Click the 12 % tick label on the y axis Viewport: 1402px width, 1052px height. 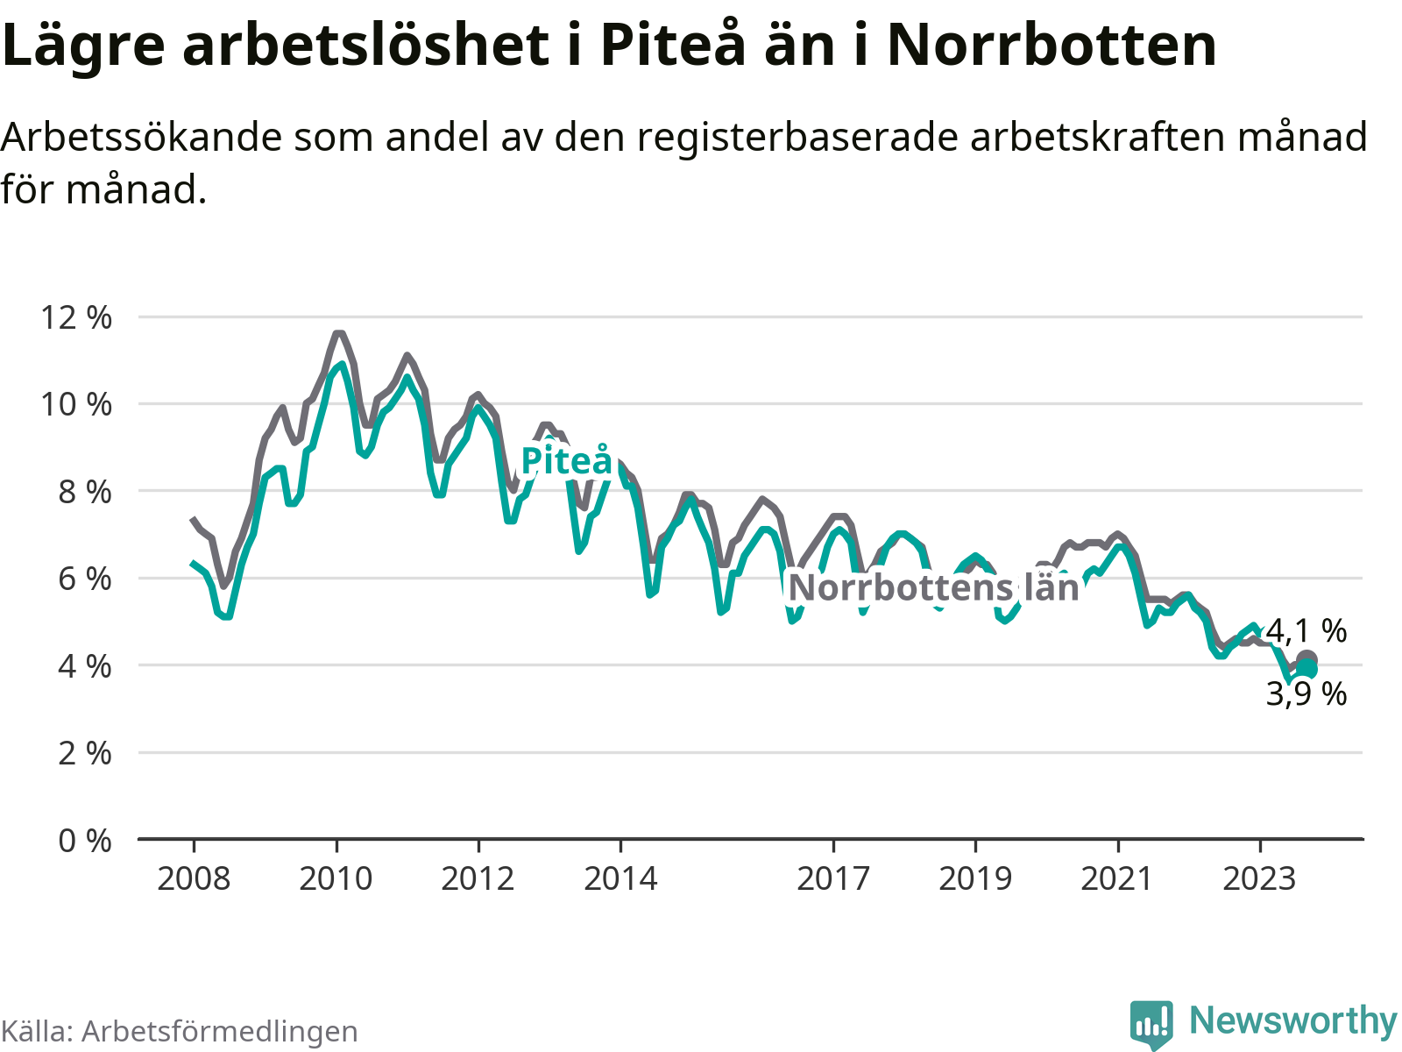[76, 317]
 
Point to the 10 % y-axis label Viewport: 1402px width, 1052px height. [76, 404]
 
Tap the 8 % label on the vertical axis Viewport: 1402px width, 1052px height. [84, 492]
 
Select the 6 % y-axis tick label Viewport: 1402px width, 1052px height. [84, 579]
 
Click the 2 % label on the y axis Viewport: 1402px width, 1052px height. [84, 753]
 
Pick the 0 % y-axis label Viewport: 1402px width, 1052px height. [84, 841]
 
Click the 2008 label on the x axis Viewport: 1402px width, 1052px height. [194, 878]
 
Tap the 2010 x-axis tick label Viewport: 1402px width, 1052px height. [336, 878]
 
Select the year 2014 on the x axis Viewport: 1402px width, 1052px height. [620, 878]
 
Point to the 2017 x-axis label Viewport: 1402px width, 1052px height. [833, 878]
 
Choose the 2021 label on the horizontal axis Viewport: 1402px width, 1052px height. [1117, 878]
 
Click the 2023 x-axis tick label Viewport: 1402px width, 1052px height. [1259, 878]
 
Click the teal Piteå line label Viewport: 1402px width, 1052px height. [567, 461]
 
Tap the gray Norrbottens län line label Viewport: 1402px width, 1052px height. [933, 587]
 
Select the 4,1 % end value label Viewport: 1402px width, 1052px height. [1306, 630]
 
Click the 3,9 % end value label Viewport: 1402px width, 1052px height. [1306, 694]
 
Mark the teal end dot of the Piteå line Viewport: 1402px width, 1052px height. [1307, 670]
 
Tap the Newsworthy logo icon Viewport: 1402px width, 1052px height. [1151, 1023]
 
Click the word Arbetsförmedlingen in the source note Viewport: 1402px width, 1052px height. [219, 1032]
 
